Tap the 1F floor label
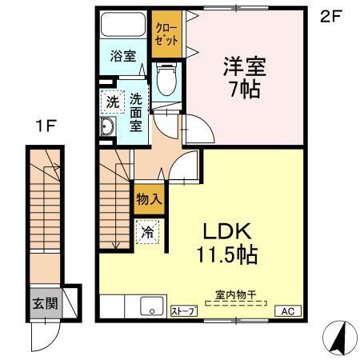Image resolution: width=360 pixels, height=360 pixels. pyautogui.click(x=44, y=126)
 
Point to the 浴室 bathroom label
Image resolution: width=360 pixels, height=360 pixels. pyautogui.click(x=122, y=56)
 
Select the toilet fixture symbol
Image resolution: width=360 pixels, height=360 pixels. pyautogui.click(x=166, y=79)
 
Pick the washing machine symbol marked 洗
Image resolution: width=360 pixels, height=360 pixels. pyautogui.click(x=111, y=102)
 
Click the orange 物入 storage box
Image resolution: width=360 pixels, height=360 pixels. pyautogui.click(x=150, y=199)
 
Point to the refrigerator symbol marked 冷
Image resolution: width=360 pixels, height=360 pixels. pyautogui.click(x=149, y=232)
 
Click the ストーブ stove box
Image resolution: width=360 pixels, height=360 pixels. pyautogui.click(x=183, y=310)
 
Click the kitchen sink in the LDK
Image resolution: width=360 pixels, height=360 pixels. pyautogui.click(x=149, y=306)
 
